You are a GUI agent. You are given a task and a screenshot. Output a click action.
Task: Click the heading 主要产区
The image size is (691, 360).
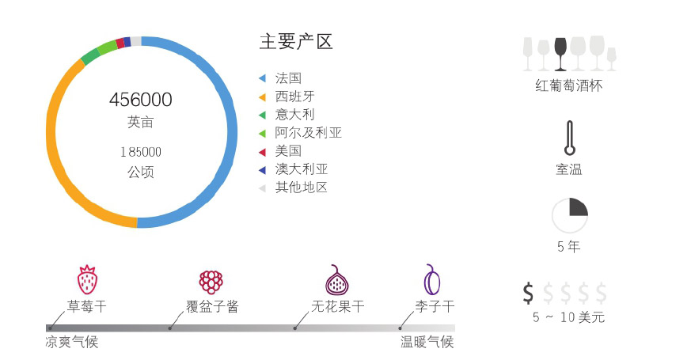click(x=296, y=42)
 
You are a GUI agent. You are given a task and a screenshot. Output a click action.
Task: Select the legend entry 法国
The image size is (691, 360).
click(x=288, y=78)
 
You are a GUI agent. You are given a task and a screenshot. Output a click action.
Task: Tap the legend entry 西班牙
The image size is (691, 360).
click(x=294, y=97)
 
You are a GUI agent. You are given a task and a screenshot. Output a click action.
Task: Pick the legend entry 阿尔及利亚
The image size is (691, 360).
click(x=308, y=133)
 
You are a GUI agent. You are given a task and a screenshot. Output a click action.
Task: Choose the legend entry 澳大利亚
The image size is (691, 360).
click(x=301, y=169)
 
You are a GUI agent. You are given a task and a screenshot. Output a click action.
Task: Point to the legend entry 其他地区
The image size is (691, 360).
click(x=301, y=188)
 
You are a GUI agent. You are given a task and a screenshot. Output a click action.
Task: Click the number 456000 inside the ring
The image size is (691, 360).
click(x=141, y=100)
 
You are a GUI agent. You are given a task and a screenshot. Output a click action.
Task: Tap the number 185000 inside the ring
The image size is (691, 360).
click(x=141, y=152)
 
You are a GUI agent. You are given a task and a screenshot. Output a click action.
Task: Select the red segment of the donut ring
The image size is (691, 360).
click(x=120, y=44)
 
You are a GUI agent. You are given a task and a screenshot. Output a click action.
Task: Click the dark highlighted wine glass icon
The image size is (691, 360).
click(x=560, y=53)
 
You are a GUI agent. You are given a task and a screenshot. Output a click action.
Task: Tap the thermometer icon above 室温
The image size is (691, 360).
click(x=568, y=139)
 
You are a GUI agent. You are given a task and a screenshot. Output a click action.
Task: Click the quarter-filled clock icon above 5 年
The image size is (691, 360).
click(x=569, y=216)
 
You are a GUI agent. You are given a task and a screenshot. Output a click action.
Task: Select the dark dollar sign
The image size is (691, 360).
click(x=529, y=293)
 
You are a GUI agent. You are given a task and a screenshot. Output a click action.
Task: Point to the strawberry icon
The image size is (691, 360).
click(x=87, y=280)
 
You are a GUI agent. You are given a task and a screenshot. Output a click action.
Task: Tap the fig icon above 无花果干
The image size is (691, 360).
click(x=337, y=280)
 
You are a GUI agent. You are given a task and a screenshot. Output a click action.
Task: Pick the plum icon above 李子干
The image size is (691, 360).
click(x=432, y=279)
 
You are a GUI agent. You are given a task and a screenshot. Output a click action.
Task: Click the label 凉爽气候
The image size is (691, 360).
click(x=72, y=343)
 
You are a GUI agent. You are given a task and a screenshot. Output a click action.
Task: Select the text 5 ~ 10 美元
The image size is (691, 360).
click(x=568, y=317)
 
